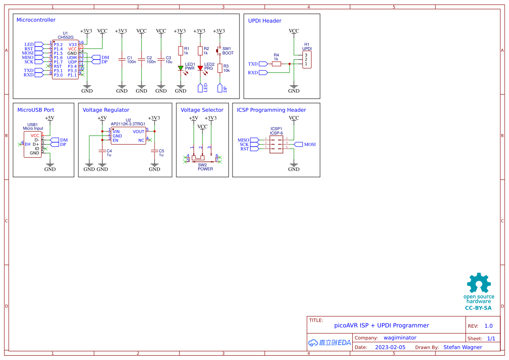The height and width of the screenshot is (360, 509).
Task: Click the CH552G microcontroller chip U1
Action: [x=65, y=60]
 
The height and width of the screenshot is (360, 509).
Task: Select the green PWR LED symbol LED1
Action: [x=181, y=68]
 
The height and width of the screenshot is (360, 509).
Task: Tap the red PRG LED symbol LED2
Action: [x=200, y=68]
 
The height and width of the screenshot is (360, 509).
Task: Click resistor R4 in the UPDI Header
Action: [x=276, y=64]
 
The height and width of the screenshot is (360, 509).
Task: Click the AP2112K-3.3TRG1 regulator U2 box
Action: [x=128, y=136]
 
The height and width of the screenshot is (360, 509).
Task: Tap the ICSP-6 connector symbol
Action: [x=276, y=144]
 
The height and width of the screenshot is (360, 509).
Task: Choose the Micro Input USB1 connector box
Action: [x=33, y=145]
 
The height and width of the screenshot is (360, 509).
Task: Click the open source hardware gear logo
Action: [x=479, y=284]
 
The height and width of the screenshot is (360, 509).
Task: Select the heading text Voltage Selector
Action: [x=202, y=110]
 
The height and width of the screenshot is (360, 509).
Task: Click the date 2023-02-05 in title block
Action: [x=390, y=347]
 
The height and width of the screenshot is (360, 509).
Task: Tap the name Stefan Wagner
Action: [x=462, y=347]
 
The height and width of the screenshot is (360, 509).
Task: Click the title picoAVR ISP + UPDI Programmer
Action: [x=381, y=325]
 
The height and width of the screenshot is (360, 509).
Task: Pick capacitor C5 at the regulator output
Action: [x=155, y=151]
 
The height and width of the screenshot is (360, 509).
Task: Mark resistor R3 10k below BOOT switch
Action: [x=220, y=68]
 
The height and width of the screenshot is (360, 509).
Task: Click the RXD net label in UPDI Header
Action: [x=253, y=73]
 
